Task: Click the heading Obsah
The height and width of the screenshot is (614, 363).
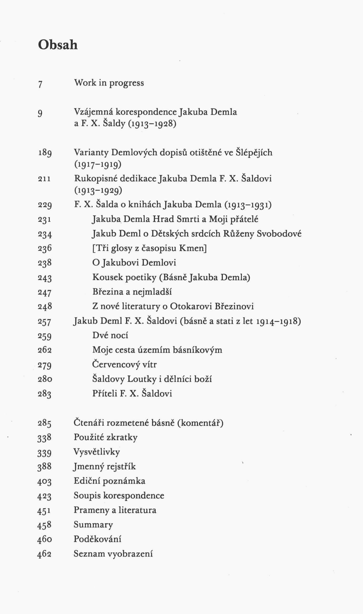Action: pyautogui.click(x=58, y=45)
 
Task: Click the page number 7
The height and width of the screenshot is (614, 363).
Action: pyautogui.click(x=40, y=84)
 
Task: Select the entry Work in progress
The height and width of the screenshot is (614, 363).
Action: pyautogui.click(x=109, y=83)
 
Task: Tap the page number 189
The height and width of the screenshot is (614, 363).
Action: pyautogui.click(x=45, y=153)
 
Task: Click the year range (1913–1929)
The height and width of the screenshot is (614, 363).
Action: pyautogui.click(x=98, y=190)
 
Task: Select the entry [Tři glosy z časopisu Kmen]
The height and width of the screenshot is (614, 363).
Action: pyautogui.click(x=149, y=248)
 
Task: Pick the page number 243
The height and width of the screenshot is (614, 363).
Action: pyautogui.click(x=45, y=278)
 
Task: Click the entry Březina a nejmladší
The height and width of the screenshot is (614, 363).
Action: pyautogui.click(x=132, y=292)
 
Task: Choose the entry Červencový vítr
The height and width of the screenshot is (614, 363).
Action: pyautogui.click(x=124, y=364)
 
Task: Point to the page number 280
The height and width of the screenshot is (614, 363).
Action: pyautogui.click(x=45, y=379)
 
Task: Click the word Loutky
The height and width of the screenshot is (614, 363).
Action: pyautogui.click(x=142, y=379)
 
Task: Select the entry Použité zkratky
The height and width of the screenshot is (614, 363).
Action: pyautogui.click(x=105, y=437)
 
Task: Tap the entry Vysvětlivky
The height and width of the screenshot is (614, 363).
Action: pyautogui.click(x=97, y=452)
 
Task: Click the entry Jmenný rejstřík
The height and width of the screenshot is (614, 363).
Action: pyautogui.click(x=104, y=467)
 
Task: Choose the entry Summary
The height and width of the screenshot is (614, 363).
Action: pyautogui.click(x=93, y=525)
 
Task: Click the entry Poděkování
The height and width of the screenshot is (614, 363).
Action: pyautogui.click(x=97, y=539)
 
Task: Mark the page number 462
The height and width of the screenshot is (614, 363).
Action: pyautogui.click(x=44, y=554)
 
